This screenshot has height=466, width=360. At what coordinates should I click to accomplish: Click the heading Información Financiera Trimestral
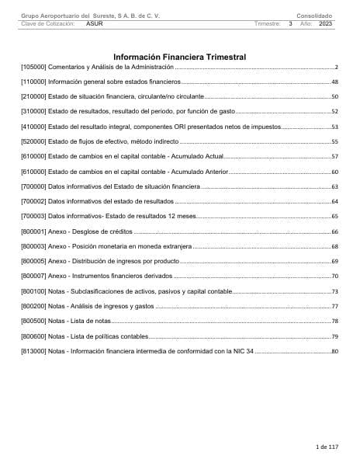click(179, 57)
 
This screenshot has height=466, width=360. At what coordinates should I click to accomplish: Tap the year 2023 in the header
click(325, 24)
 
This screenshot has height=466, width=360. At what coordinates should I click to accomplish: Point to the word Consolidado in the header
click(314, 16)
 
